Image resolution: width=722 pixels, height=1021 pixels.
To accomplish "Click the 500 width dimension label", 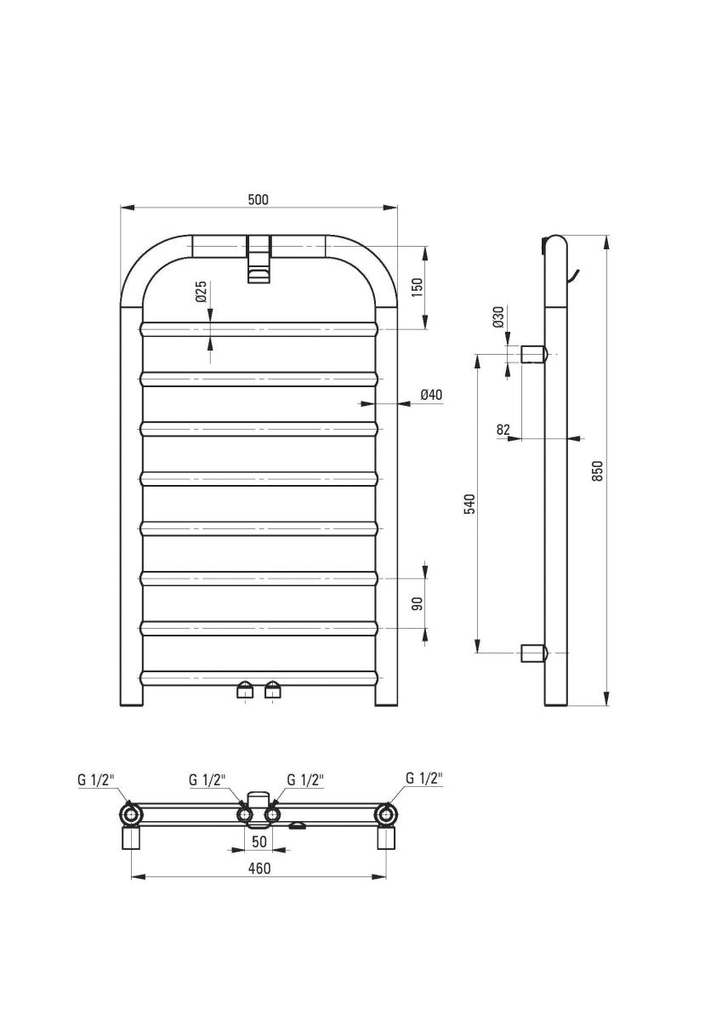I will coord(258,199).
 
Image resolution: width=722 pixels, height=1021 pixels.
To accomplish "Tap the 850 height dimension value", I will coord(598,471).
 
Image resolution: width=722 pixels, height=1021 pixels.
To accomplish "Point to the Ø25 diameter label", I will coord(201,292).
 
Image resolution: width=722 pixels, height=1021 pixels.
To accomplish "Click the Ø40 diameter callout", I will coord(432,395).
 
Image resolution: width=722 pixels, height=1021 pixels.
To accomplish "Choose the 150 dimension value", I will coord(417,286).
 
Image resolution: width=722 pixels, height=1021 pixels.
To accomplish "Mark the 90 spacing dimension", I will coord(417,604).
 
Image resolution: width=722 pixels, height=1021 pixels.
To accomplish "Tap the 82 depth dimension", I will coord(503,431).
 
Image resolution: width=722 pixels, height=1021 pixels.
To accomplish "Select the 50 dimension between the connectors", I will coord(259,841).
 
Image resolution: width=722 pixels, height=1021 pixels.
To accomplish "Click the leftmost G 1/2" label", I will coord(94,779).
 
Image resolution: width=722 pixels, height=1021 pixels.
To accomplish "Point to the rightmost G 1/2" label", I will coord(424,778).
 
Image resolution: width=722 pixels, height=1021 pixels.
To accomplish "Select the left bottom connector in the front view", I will coord(244,688).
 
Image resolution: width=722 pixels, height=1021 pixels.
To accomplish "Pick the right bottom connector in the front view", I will coord(272,688).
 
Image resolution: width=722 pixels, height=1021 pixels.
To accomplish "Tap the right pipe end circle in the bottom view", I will coord(387,815).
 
